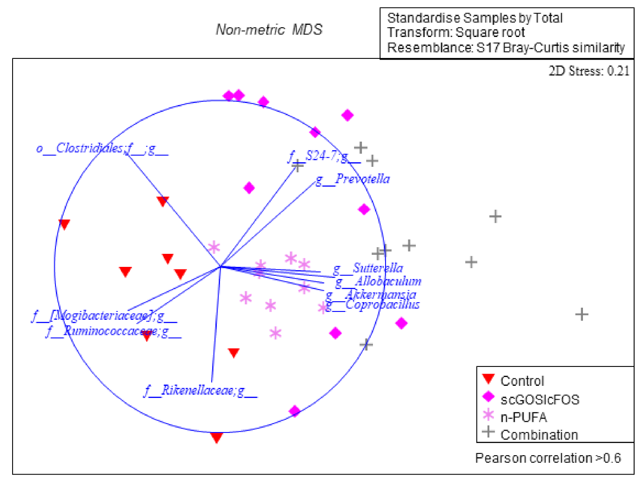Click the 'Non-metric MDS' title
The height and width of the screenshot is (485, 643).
[269, 29]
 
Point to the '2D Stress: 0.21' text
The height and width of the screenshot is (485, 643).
[589, 71]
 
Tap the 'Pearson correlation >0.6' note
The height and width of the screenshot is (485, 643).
[548, 458]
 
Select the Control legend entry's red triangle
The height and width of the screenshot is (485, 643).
[488, 379]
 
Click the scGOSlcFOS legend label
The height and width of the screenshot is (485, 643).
[540, 399]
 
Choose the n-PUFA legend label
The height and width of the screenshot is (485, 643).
[524, 417]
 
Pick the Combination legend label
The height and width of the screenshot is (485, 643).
[539, 435]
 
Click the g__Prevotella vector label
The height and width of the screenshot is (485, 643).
[353, 179]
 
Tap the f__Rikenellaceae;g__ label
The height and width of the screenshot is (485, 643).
[200, 390]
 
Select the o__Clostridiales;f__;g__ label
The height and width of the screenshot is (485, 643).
[102, 148]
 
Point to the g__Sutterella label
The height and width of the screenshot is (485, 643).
[368, 268]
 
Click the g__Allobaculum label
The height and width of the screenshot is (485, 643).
[378, 281]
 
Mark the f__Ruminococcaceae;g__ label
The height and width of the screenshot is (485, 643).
[113, 331]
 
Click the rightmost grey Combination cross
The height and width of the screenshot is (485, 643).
[582, 314]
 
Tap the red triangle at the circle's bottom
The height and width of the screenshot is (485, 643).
[216, 438]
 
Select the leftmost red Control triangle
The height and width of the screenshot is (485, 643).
[64, 224]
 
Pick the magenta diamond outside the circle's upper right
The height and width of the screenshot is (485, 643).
[347, 115]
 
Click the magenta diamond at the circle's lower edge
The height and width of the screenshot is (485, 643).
[295, 411]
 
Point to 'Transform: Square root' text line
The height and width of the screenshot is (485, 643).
[456, 32]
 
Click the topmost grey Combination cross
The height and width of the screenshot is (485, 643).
[361, 148]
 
